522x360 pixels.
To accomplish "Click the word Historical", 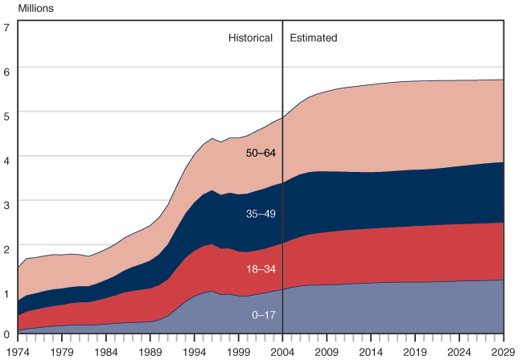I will pyautogui.click(x=251, y=38).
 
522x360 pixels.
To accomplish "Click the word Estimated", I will pyautogui.click(x=313, y=38).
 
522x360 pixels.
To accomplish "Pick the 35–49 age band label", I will pyautogui.click(x=260, y=214).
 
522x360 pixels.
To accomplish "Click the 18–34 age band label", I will pyautogui.click(x=260, y=270).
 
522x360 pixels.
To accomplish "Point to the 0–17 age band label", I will pyautogui.click(x=262, y=314).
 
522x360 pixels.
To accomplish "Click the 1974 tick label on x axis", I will pyautogui.click(x=18, y=351).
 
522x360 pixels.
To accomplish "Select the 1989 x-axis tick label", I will pyautogui.click(x=150, y=351).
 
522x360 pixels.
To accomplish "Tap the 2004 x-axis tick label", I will pyautogui.click(x=282, y=351).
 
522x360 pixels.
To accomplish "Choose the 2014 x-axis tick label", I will pyautogui.click(x=371, y=351).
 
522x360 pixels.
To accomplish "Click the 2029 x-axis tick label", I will pyautogui.click(x=502, y=351).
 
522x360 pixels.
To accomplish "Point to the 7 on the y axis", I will pyautogui.click(x=6, y=27).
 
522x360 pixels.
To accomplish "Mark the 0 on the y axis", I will pyautogui.click(x=6, y=333).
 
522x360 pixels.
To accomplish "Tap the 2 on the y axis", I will pyautogui.click(x=6, y=246).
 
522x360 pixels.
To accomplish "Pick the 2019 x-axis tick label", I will pyautogui.click(x=415, y=351).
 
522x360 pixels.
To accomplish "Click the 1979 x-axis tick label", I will pyautogui.click(x=62, y=351).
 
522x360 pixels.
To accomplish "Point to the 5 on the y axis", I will pyautogui.click(x=6, y=115).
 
